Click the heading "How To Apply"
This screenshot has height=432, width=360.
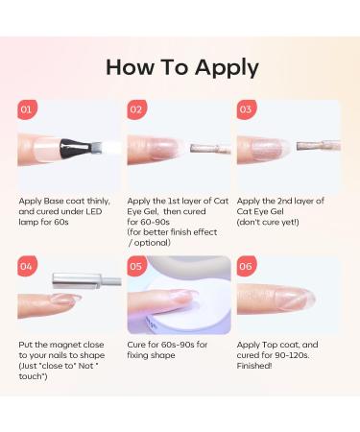tap(181, 67)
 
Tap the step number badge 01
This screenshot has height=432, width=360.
tap(27, 109)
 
